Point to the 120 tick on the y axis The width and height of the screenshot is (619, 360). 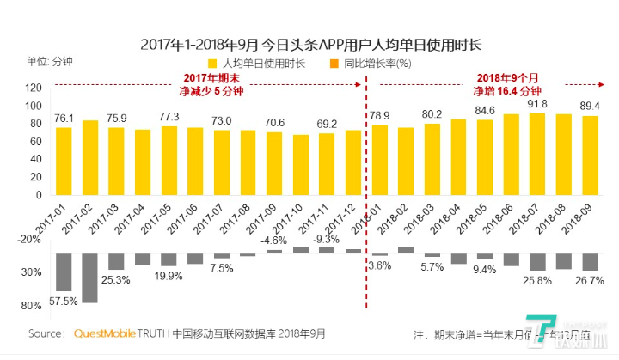tap(34, 88)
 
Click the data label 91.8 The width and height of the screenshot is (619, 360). tap(538, 104)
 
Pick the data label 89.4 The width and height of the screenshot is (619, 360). tap(589, 106)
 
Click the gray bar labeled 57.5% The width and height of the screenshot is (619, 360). tap(64, 272)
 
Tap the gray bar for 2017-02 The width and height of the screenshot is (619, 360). tap(89, 278)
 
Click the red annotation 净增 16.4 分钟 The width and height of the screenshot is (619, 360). tap(509, 91)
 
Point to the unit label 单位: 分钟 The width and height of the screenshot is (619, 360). tap(50, 63)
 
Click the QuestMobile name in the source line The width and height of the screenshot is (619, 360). tap(107, 333)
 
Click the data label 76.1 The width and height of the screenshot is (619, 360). tap(64, 119)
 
